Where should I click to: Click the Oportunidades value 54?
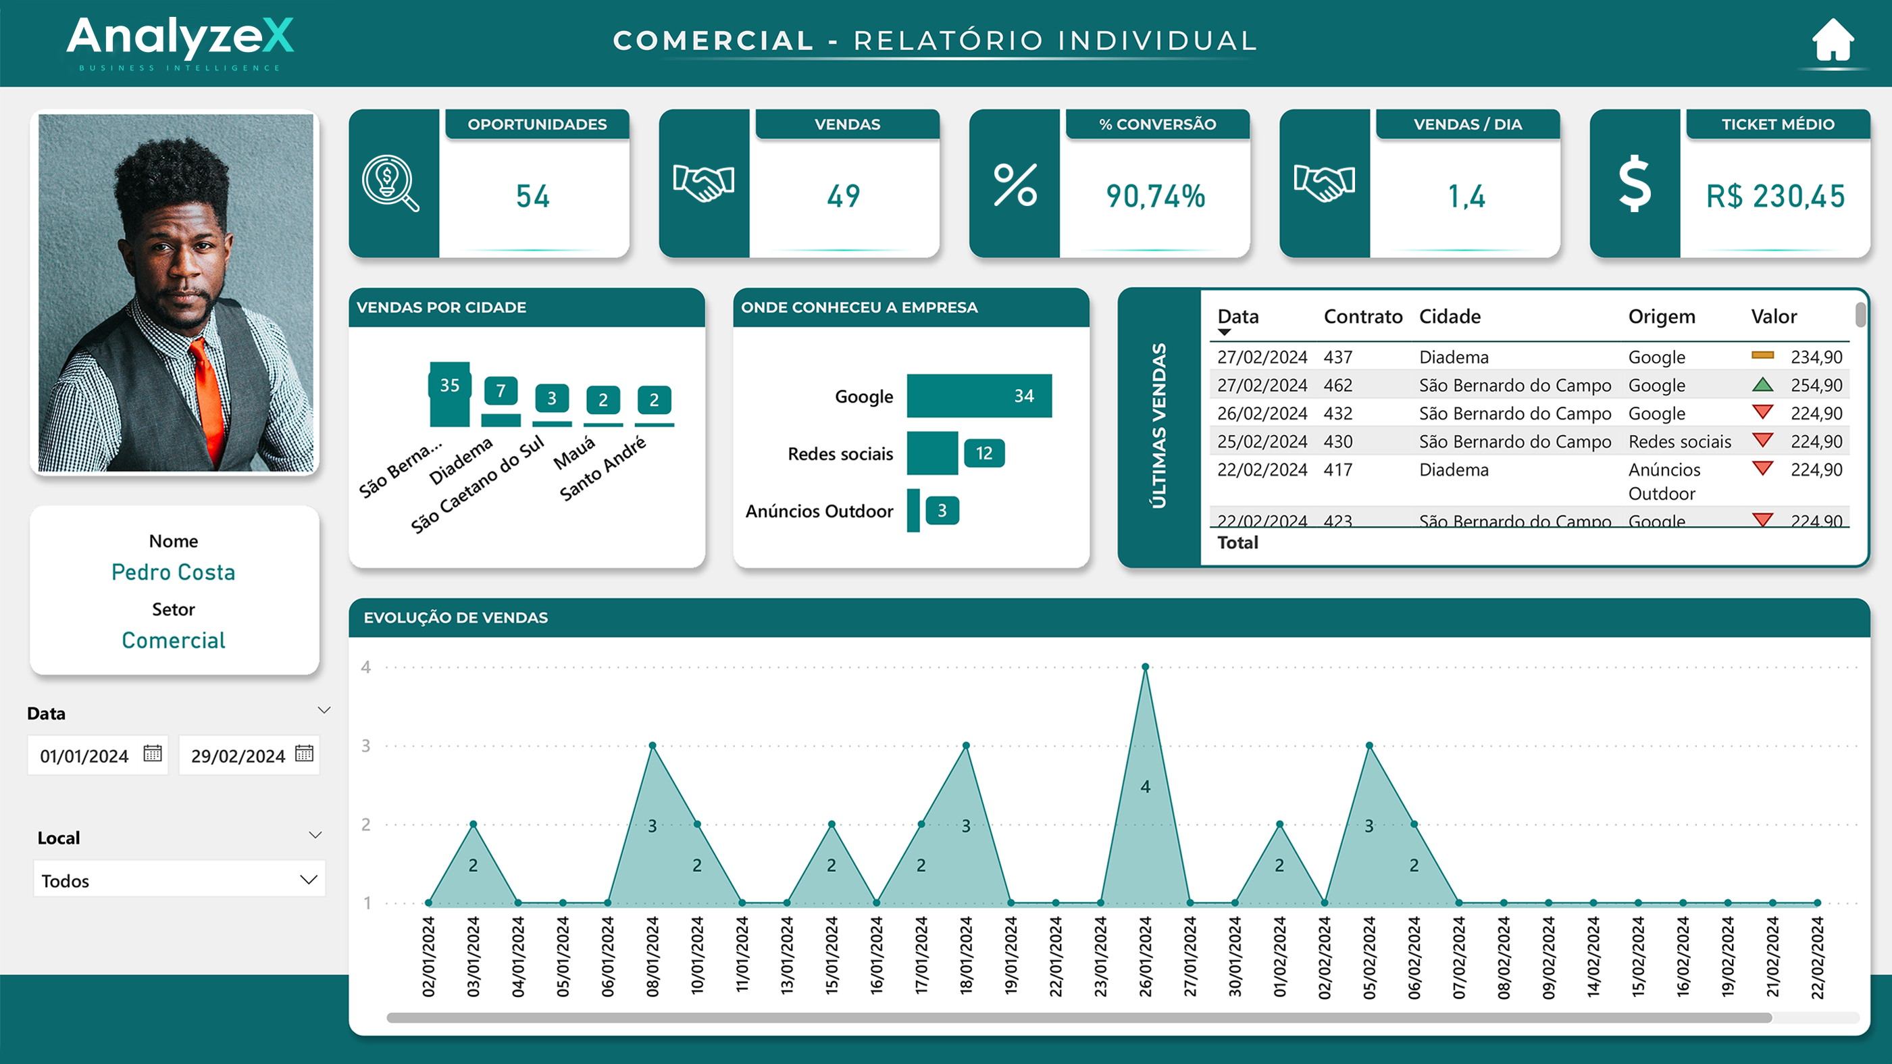click(532, 196)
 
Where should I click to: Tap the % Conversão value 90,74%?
click(1155, 196)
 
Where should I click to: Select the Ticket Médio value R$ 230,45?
click(1775, 196)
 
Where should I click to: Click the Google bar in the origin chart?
click(978, 396)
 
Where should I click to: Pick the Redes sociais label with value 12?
click(984, 453)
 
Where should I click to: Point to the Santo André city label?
click(603, 468)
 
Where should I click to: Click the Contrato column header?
click(1362, 317)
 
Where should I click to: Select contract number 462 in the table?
click(1337, 385)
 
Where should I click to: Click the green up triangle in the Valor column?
click(1762, 384)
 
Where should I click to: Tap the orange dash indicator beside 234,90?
click(1762, 355)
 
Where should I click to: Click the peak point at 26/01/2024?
click(1145, 667)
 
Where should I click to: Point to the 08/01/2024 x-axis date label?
click(653, 956)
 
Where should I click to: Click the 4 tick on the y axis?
click(365, 667)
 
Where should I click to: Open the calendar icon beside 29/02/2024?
click(304, 753)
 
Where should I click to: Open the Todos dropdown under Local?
click(178, 880)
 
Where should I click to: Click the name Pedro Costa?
click(174, 572)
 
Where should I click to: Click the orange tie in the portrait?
click(209, 397)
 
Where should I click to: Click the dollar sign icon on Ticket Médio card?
click(1635, 184)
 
